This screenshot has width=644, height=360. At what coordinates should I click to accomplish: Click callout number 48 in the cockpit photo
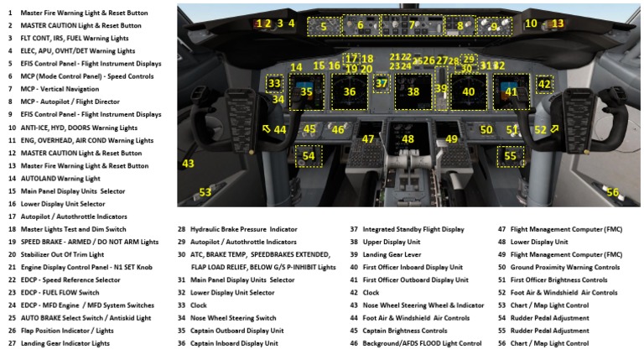pos(408,139)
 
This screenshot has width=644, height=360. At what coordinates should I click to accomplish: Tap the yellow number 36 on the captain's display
pos(350,92)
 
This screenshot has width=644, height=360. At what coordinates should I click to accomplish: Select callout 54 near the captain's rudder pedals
pos(309,156)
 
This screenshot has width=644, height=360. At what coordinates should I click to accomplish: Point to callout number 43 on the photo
pos(188,164)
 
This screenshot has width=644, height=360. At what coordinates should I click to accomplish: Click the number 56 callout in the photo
pos(613,193)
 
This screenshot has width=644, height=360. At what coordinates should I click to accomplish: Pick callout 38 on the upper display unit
pos(413,92)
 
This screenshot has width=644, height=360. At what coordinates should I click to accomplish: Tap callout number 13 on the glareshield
pos(558,23)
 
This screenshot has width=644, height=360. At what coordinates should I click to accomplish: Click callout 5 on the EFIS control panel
pos(324,26)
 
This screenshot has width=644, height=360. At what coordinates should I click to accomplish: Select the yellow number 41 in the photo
pos(512,92)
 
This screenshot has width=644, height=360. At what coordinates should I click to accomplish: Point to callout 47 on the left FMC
pos(368,139)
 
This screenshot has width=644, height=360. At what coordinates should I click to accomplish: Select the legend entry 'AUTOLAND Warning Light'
pos(60,178)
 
